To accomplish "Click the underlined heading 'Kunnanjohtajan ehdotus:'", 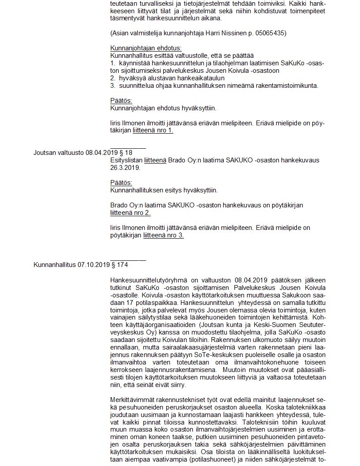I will tap(146, 48).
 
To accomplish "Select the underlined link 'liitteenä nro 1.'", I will tap(153, 130).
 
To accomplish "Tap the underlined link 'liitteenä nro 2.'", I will tap(131, 213).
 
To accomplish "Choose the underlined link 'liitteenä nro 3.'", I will tap(164, 235).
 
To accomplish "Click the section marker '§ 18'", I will tap(126, 153).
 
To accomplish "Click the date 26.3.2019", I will tap(125, 168).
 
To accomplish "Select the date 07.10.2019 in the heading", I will tap(94, 265).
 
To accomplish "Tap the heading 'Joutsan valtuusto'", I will tap(59, 153).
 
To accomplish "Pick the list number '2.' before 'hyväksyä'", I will tap(113, 78).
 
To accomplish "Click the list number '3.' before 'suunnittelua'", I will tap(113, 85).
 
